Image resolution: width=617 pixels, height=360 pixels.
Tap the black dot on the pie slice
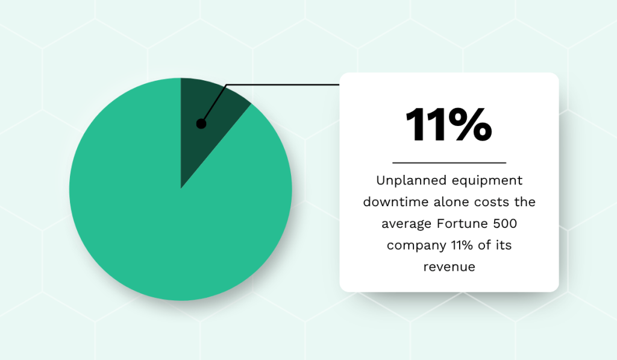coord(201,124)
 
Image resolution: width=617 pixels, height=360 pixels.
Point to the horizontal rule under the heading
coord(449,162)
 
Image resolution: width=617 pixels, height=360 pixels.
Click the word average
coord(406,224)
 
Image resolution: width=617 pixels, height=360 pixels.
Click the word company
coord(416,245)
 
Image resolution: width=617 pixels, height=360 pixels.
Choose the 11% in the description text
coord(462,245)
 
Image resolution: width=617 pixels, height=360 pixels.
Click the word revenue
coord(449,267)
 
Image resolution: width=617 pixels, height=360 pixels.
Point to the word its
coord(504,245)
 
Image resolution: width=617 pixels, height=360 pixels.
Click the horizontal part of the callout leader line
coord(283,84)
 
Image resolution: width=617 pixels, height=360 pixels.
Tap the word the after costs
coord(525,201)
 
